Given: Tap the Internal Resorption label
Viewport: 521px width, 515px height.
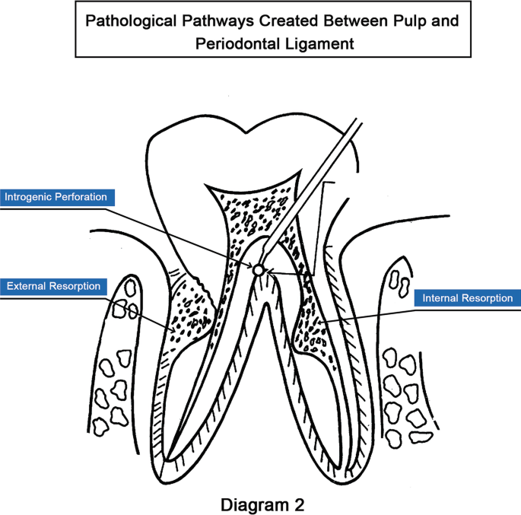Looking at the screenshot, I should (x=468, y=298).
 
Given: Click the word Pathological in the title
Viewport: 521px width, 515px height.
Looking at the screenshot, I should (x=128, y=21).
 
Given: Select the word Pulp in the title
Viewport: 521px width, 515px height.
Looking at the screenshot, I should (x=418, y=21).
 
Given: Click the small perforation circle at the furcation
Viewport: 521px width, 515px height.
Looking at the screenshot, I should (x=259, y=269).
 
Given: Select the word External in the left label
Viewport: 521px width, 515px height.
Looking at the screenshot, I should (x=27, y=287).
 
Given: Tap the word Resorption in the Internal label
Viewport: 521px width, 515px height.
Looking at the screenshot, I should (x=488, y=298).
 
